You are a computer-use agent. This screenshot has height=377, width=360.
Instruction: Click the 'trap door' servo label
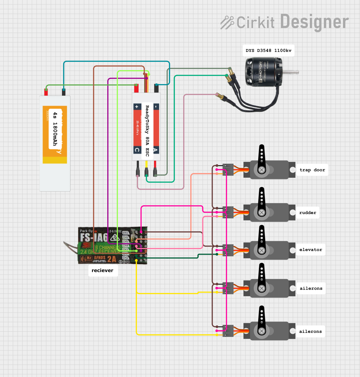(x=312, y=170)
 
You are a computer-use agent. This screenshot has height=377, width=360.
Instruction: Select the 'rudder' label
(x=307, y=213)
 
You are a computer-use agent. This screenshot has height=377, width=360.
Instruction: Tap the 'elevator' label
(x=310, y=250)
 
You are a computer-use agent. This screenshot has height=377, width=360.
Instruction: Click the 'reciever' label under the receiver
(x=102, y=270)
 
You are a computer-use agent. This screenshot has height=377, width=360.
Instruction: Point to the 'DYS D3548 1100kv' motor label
(x=268, y=51)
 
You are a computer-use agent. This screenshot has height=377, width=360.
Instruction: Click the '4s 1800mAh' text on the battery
(x=55, y=129)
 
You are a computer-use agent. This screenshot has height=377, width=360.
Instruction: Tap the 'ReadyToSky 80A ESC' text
(x=147, y=131)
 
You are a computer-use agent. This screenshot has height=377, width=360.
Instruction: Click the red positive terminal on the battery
(x=46, y=92)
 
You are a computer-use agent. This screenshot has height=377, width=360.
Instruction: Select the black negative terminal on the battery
(x=64, y=92)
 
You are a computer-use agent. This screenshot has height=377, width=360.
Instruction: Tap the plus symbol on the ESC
(x=137, y=107)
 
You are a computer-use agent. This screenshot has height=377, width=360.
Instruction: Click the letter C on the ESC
(x=137, y=150)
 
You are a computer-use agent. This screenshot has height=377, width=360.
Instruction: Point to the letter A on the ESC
(x=156, y=150)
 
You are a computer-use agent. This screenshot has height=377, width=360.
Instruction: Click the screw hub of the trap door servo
(x=262, y=170)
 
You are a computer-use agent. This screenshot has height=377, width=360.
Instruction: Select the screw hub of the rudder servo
(x=262, y=212)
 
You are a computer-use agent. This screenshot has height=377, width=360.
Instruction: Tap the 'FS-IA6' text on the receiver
(x=94, y=237)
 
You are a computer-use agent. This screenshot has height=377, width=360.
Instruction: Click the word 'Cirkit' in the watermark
(x=255, y=23)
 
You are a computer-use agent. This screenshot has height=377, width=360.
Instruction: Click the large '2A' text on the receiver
(x=111, y=259)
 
